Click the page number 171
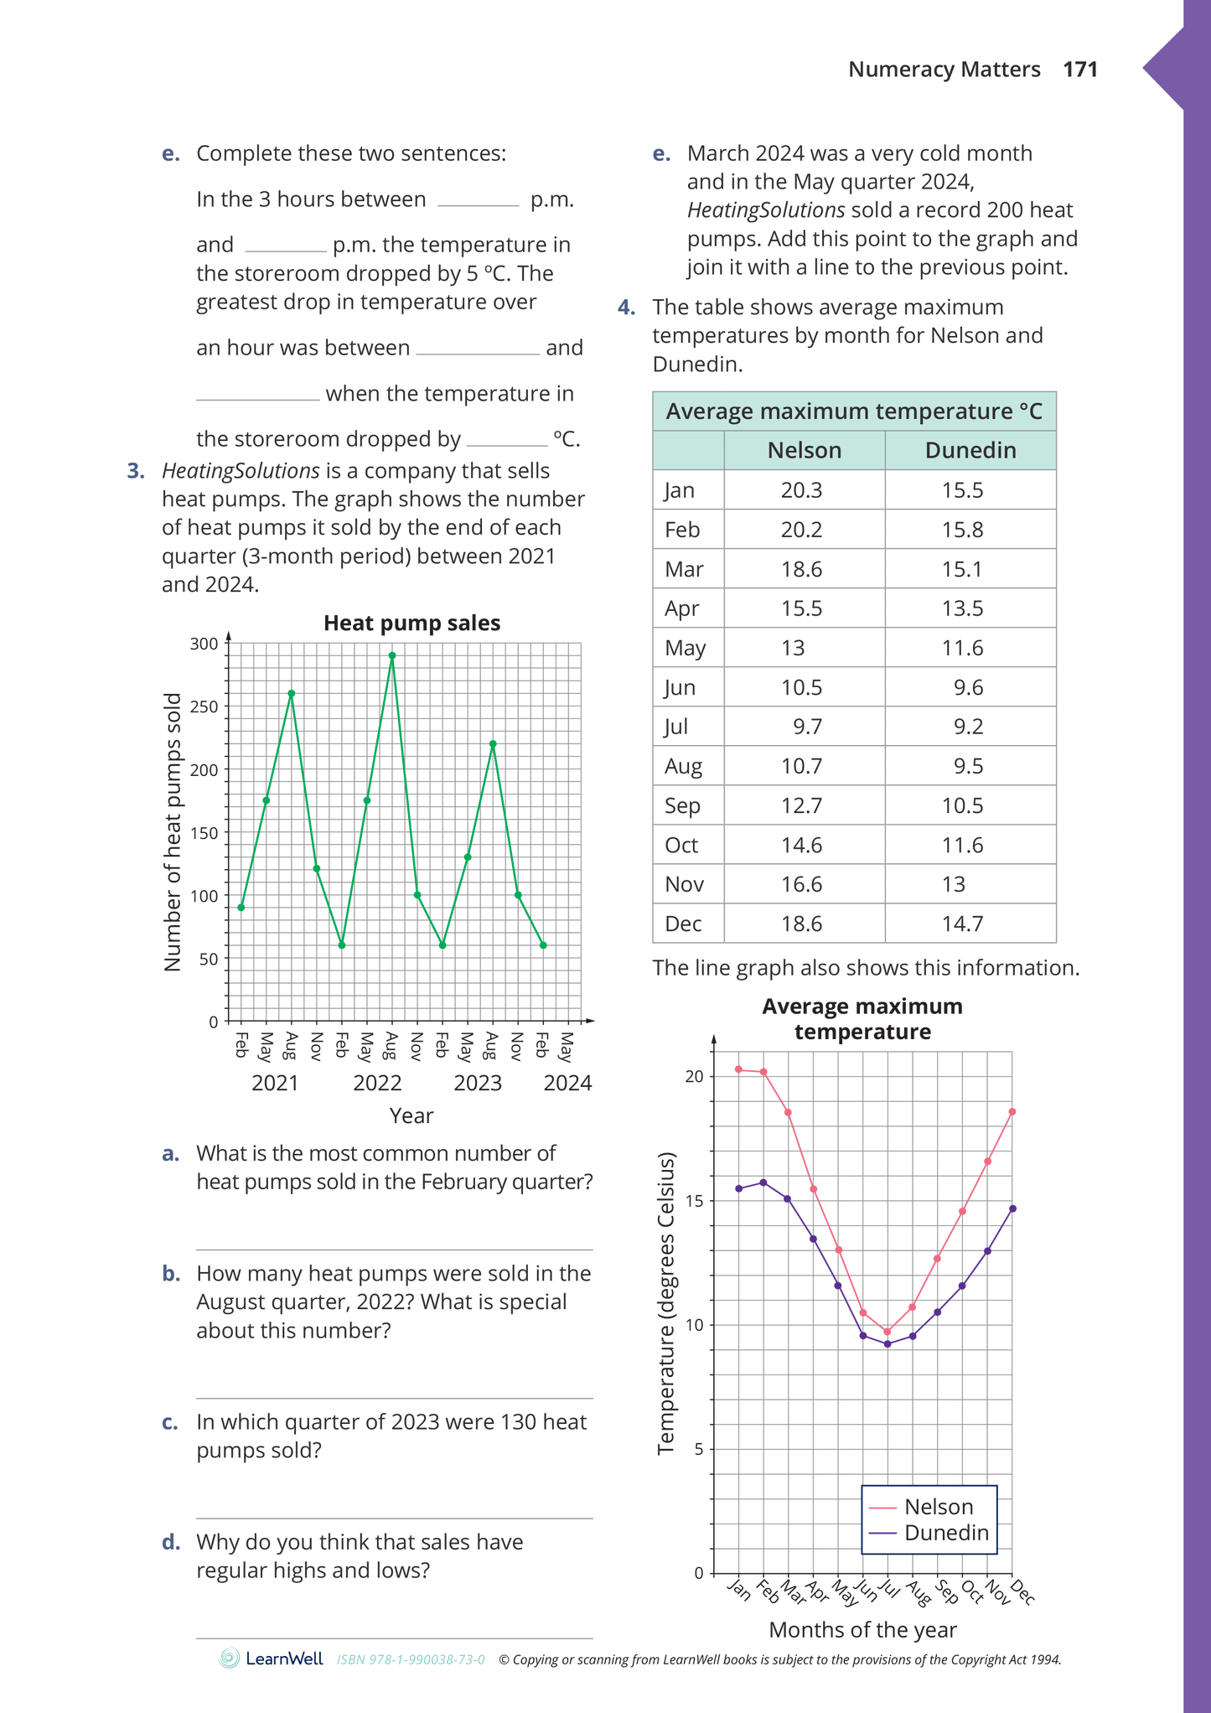pyautogui.click(x=1080, y=70)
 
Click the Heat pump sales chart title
pyautogui.click(x=411, y=624)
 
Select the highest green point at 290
pyautogui.click(x=392, y=656)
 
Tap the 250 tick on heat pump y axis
pyautogui.click(x=204, y=706)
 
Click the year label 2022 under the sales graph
pyautogui.click(x=377, y=1084)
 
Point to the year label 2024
pyautogui.click(x=567, y=1084)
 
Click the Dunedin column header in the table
pyautogui.click(x=970, y=451)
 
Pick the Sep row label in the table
pyautogui.click(x=682, y=805)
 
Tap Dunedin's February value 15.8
pyautogui.click(x=962, y=530)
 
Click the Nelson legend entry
pyautogui.click(x=938, y=1507)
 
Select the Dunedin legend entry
pyautogui.click(x=946, y=1533)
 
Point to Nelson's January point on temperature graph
pyautogui.click(x=738, y=1069)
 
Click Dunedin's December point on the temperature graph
pyautogui.click(x=1012, y=1208)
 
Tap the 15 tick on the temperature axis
pyautogui.click(x=694, y=1201)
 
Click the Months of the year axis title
pyautogui.click(x=862, y=1630)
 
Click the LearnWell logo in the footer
pyautogui.click(x=272, y=1659)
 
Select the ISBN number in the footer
pyautogui.click(x=411, y=1659)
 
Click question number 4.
pyautogui.click(x=626, y=308)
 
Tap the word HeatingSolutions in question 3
pyautogui.click(x=241, y=471)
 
